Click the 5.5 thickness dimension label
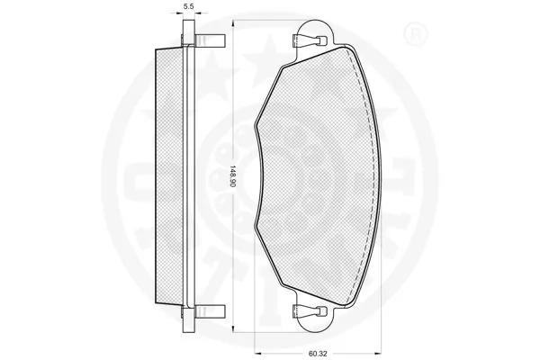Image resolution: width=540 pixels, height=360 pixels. click(189, 5)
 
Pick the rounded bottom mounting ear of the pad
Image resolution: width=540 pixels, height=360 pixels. click(314, 322)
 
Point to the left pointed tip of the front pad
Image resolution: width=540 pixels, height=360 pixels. click(256, 126)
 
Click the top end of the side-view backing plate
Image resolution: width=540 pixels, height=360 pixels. click(189, 22)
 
